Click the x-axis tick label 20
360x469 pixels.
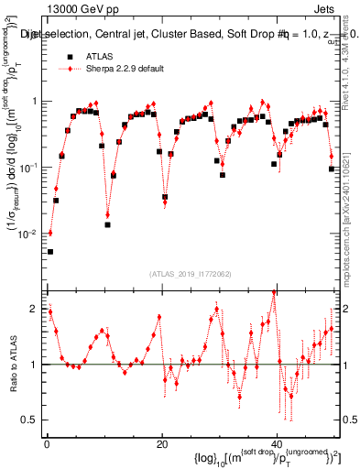tap(162, 443)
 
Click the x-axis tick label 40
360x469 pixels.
tap(278, 443)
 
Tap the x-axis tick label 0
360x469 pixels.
tap(47, 443)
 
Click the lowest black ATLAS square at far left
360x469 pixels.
tap(50, 251)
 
